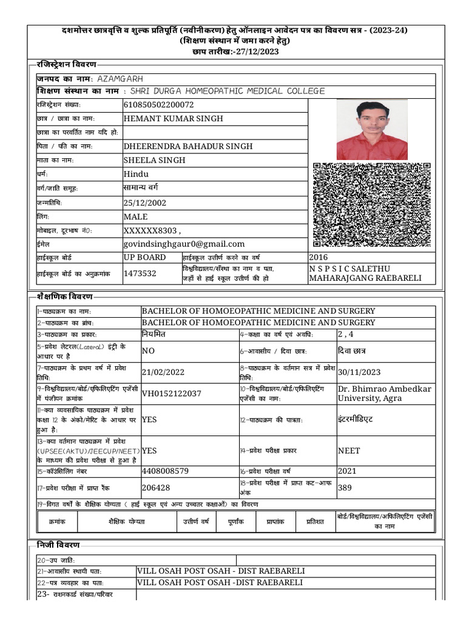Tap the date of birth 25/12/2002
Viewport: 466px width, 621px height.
(145, 203)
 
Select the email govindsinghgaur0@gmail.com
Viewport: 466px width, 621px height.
(184, 244)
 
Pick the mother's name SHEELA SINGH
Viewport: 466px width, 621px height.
(155, 160)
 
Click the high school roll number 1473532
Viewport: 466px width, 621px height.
(140, 274)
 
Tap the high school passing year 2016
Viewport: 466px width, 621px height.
(319, 257)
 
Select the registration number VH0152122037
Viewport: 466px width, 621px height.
(172, 393)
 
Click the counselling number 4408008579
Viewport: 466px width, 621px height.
(165, 471)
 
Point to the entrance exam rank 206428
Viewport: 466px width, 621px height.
(156, 487)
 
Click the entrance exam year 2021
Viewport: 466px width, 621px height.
(347, 471)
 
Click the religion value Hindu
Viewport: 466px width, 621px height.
(136, 174)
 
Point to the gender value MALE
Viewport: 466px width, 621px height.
(136, 217)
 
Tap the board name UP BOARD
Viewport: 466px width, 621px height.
(144, 257)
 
